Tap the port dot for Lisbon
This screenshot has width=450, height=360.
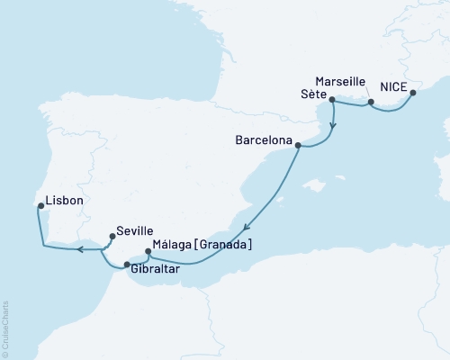(x=40, y=206)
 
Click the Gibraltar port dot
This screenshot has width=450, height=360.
(x=127, y=265)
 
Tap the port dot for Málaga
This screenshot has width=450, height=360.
(x=149, y=252)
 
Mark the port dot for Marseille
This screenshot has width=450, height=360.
(x=370, y=103)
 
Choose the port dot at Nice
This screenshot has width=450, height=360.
(x=412, y=91)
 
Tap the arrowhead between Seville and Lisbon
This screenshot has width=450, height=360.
(x=78, y=249)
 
